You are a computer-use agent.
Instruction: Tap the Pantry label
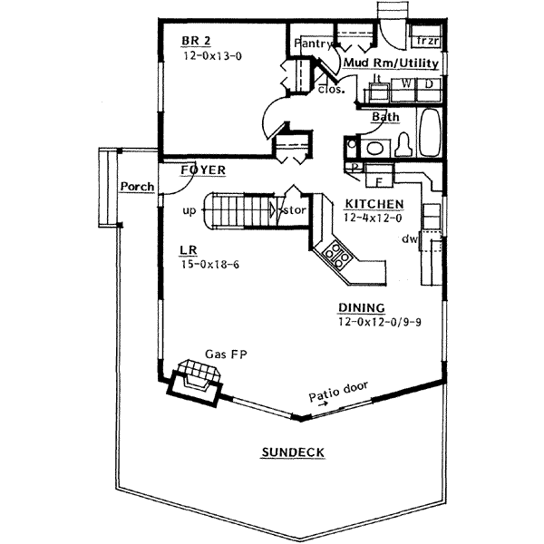[x=309, y=43]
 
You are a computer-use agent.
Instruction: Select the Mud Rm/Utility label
[x=392, y=63]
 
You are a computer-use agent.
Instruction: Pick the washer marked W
[x=407, y=84]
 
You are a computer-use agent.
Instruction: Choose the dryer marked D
[x=430, y=84]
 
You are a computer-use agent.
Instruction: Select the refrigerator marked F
[x=379, y=180]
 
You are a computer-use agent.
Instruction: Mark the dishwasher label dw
[x=410, y=239]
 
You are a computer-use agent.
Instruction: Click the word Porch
[x=138, y=188]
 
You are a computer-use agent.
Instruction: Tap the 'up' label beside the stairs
[x=189, y=209]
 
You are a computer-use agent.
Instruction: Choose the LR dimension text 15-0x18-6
[x=212, y=265]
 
